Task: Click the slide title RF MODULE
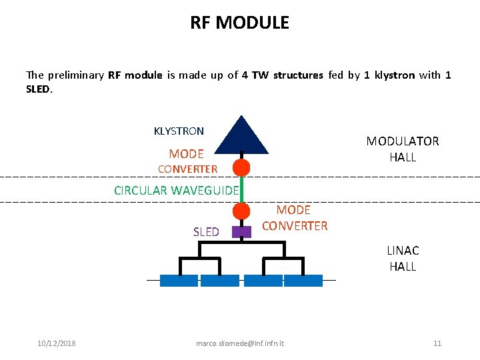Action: click(x=239, y=23)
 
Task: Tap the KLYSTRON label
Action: click(x=179, y=131)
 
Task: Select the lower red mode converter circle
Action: click(x=241, y=211)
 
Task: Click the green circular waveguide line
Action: click(x=243, y=189)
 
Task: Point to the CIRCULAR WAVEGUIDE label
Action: click(x=176, y=191)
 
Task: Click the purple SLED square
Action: click(x=241, y=232)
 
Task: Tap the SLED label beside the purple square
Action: click(x=206, y=232)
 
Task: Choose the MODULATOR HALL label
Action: click(x=403, y=149)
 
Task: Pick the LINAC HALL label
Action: click(x=403, y=259)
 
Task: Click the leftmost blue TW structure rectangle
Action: click(x=179, y=281)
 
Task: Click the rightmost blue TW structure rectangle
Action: click(x=303, y=281)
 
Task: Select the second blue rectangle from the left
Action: click(x=219, y=281)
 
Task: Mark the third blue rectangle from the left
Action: click(x=263, y=281)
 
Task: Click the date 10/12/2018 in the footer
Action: click(x=57, y=343)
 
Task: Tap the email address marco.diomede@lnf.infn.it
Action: click(x=240, y=343)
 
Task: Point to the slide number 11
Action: click(x=437, y=343)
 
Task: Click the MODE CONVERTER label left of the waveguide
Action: click(x=187, y=161)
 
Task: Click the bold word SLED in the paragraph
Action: click(x=37, y=88)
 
